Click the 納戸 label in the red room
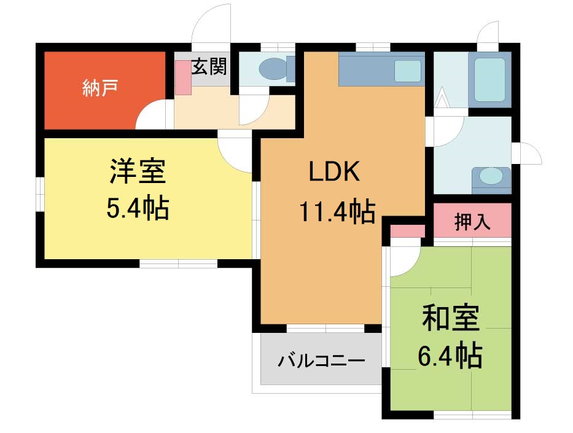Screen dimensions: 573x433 (x=99, y=88)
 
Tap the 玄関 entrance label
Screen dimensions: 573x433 (x=209, y=66)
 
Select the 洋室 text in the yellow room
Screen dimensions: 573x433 (x=138, y=171)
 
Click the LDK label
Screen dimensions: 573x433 (x=334, y=171)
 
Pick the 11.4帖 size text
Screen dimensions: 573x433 (x=337, y=211)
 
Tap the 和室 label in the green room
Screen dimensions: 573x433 (x=451, y=318)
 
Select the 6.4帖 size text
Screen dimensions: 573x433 (x=450, y=355)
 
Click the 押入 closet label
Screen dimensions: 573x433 (x=472, y=222)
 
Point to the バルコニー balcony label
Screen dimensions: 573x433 (x=322, y=361)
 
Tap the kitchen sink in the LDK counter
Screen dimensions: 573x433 (x=408, y=71)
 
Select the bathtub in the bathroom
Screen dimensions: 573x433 (x=489, y=80)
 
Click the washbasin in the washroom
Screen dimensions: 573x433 (x=491, y=178)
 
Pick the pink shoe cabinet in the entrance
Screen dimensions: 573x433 (x=183, y=77)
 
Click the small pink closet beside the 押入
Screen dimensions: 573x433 (x=407, y=232)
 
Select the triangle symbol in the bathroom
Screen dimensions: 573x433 (x=441, y=98)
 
